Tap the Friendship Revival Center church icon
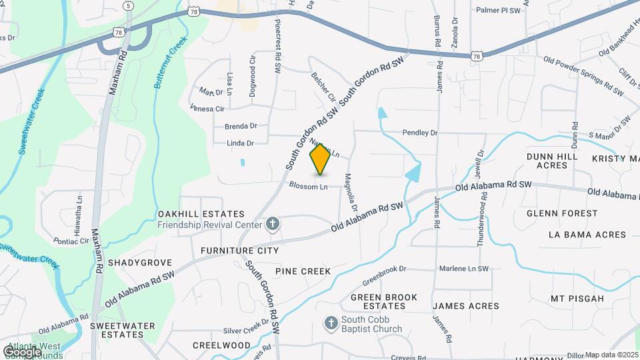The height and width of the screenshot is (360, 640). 272,224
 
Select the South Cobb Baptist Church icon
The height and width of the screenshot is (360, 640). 330,324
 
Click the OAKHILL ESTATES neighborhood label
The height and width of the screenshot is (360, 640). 201,213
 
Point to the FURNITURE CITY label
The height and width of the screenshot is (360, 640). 239,251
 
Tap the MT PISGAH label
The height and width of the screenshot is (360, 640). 577,298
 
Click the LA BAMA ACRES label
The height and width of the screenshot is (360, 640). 587,235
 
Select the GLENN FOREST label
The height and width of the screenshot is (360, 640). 562,213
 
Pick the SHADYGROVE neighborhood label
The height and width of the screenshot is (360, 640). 140,263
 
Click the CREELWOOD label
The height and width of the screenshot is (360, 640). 221,345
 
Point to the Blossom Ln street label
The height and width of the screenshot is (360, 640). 308,187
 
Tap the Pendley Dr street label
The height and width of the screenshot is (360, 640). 420,133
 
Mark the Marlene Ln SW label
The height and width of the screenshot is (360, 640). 463,269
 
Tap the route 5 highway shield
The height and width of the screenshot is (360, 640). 127,5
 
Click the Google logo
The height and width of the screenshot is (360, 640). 21,351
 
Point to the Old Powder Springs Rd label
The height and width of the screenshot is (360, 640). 579,73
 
